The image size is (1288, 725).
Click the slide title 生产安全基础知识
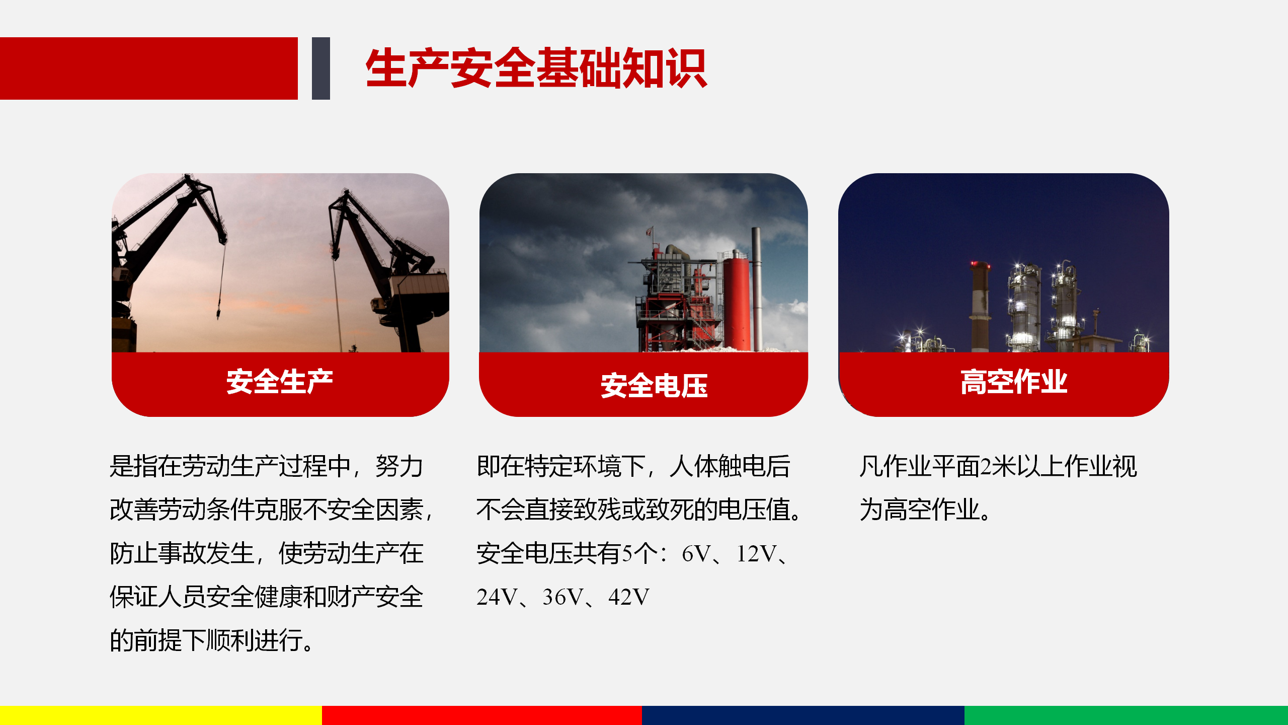click(x=536, y=68)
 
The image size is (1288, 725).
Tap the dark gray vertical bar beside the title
click(x=321, y=68)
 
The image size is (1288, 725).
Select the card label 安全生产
click(x=280, y=381)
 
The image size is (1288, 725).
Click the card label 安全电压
click(x=654, y=386)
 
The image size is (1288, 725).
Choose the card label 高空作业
click(x=1014, y=381)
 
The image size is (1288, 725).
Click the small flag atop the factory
click(x=650, y=232)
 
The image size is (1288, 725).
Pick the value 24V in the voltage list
click(x=497, y=597)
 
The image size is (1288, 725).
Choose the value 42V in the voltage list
click(x=629, y=597)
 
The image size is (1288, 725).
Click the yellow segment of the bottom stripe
click(x=161, y=715)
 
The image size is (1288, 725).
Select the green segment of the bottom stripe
click(x=1126, y=715)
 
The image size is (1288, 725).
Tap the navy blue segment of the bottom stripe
click(x=803, y=715)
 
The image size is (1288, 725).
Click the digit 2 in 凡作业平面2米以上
click(x=986, y=466)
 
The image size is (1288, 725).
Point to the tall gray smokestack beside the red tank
click(x=756, y=289)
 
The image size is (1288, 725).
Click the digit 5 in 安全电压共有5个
click(x=627, y=554)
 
